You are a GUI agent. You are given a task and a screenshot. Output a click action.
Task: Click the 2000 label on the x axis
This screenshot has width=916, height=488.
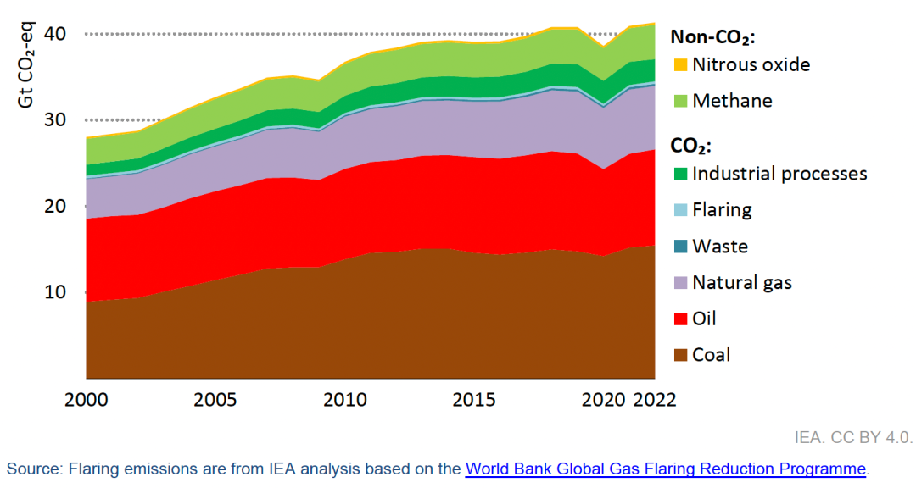click(86, 399)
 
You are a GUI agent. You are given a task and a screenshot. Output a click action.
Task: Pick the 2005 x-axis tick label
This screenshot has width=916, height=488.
click(215, 399)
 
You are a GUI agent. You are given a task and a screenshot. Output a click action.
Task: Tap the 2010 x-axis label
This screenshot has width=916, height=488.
click(343, 399)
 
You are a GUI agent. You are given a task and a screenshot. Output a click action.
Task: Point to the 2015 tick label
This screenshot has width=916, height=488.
click(472, 399)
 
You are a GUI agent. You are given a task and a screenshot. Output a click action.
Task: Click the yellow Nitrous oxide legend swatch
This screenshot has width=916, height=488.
click(679, 65)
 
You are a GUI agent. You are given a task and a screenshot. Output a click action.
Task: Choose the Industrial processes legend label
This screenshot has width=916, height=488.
click(779, 174)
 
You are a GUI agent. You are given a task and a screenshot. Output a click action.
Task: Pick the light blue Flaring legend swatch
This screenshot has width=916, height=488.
click(679, 210)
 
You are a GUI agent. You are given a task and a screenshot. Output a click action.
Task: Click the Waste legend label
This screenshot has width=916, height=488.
click(720, 247)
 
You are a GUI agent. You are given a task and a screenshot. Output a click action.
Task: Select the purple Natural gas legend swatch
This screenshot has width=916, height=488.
click(679, 283)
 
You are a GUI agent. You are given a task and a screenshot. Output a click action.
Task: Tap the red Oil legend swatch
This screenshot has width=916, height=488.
click(679, 319)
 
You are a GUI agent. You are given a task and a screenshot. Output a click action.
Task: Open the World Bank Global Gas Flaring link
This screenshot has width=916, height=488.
click(666, 469)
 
